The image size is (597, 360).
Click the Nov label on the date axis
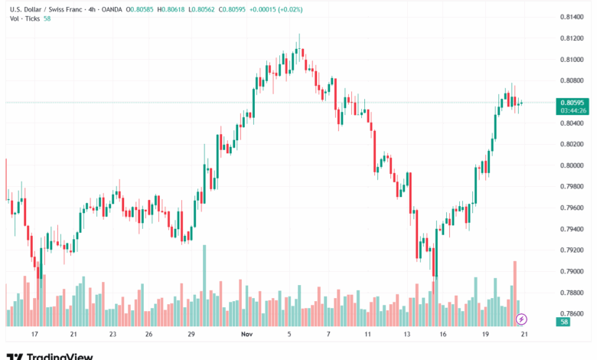point(246,335)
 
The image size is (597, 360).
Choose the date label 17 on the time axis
point(34,335)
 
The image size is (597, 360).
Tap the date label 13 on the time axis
point(407,335)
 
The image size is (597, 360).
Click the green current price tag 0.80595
point(573,103)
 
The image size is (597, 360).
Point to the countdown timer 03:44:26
point(573,110)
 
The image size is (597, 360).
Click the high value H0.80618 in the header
point(168,9)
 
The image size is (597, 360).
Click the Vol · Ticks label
point(24,20)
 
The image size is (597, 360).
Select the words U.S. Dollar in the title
point(24,9)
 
